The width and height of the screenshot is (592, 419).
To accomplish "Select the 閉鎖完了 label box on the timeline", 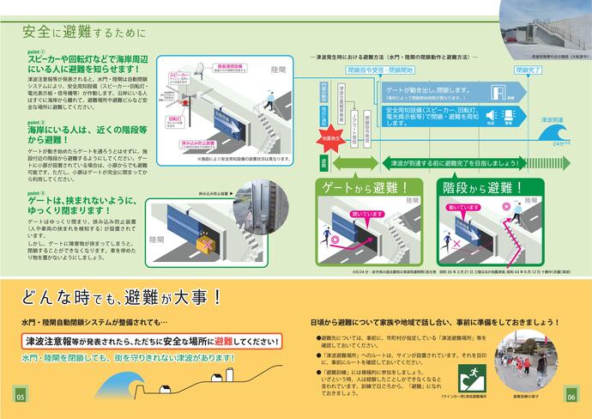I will pos(527,69).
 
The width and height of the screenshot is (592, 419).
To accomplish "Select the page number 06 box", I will pos(571,397).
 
